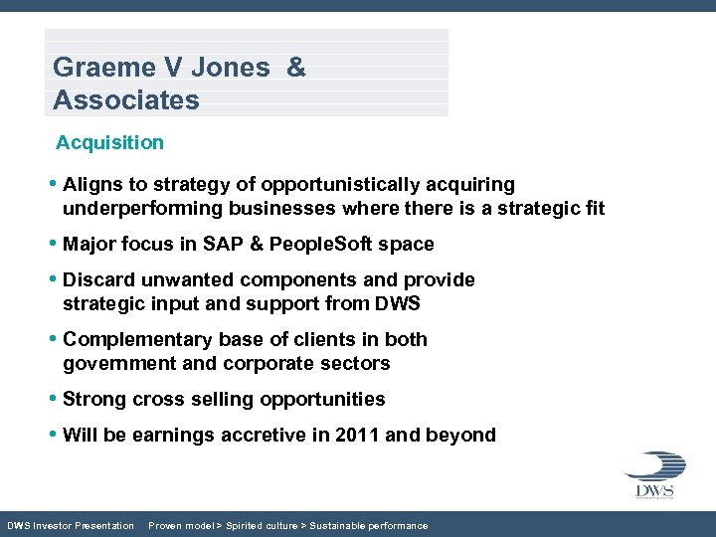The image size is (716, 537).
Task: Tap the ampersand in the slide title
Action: point(295,68)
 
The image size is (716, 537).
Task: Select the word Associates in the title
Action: point(126,100)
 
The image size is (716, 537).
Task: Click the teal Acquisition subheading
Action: point(109,142)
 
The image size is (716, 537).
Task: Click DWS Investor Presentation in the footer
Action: point(71,525)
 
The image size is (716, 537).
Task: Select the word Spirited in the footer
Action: point(251,525)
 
